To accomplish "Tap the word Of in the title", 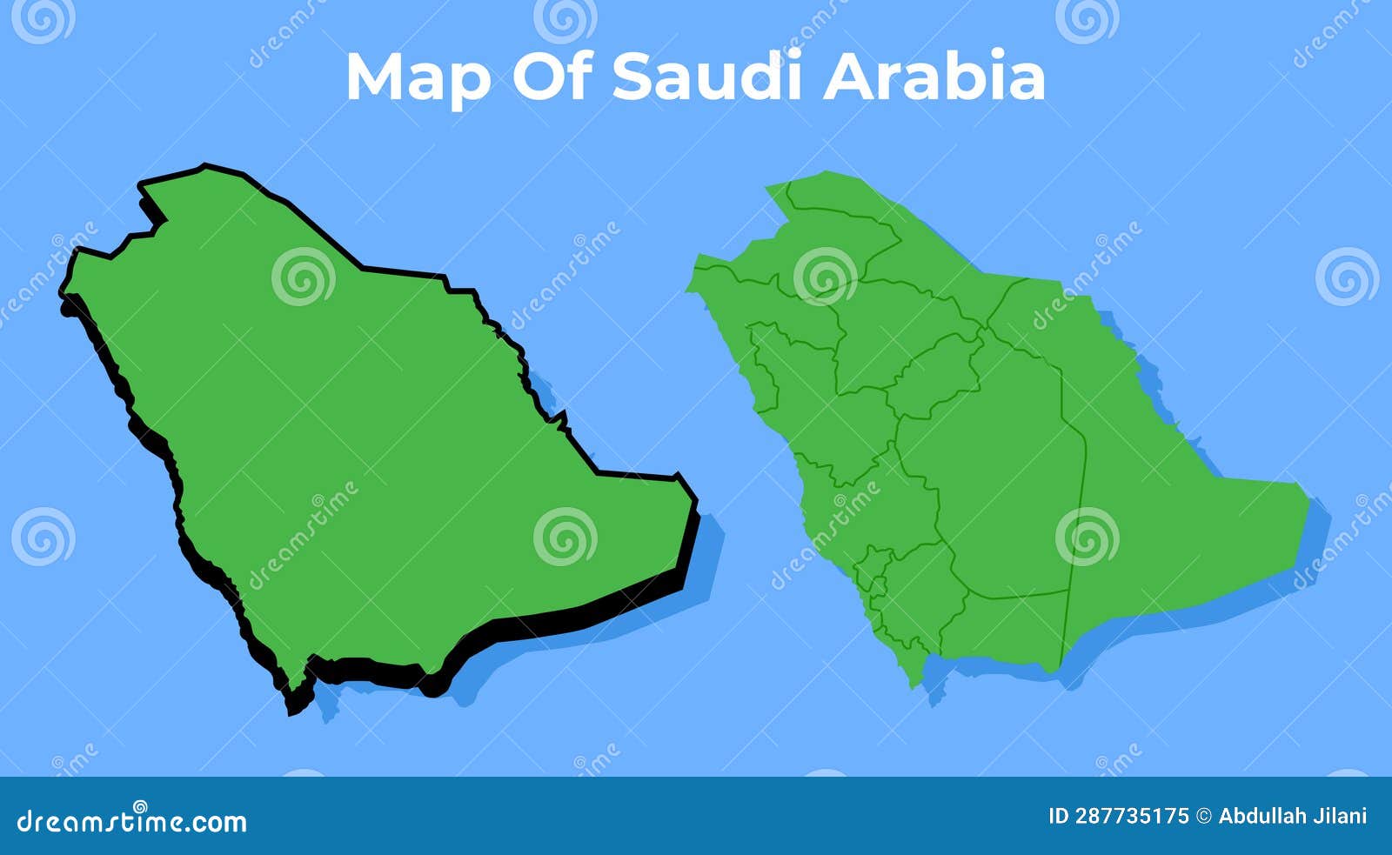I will pyautogui.click(x=553, y=77).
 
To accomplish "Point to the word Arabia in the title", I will pyautogui.click(x=934, y=77).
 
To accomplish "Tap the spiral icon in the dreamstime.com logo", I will pyautogui.click(x=139, y=807).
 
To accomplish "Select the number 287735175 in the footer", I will pyautogui.click(x=1132, y=816).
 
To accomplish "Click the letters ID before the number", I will pyautogui.click(x=1058, y=816).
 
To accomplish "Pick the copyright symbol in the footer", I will pyautogui.click(x=1204, y=816).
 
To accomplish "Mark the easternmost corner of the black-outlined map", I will pyautogui.click(x=696, y=502).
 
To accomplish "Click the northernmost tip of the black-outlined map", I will pyautogui.click(x=204, y=165).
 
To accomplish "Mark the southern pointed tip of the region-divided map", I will pyautogui.click(x=913, y=685).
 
